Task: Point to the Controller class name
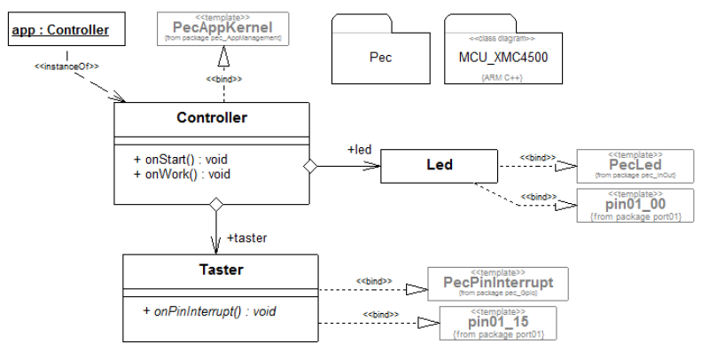[x=212, y=117]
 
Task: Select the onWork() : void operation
[x=182, y=174]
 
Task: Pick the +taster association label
[x=247, y=238]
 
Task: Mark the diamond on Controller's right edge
[x=309, y=166]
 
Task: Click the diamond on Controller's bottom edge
[x=214, y=205]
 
